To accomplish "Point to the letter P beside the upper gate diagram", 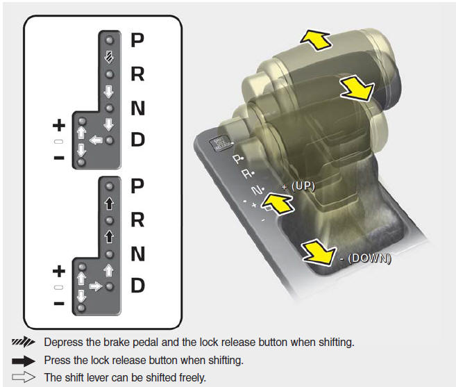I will (x=138, y=40).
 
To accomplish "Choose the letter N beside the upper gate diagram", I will (x=138, y=107).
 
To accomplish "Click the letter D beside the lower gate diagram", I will (x=138, y=286).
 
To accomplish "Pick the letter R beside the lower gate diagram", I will (x=138, y=220).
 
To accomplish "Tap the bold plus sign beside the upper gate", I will (x=59, y=126).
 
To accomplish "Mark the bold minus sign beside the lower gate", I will (x=59, y=304).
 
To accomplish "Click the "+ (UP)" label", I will (x=299, y=186).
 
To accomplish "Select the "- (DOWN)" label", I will (x=366, y=258).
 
